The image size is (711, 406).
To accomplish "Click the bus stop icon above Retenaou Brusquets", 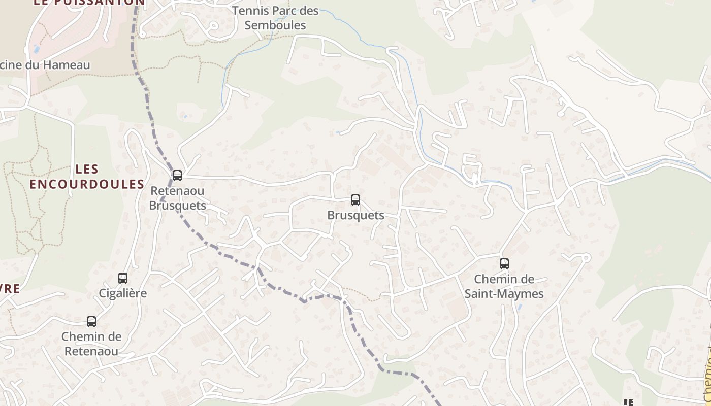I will point(177,176).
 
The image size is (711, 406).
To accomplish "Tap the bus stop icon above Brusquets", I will point(355,200).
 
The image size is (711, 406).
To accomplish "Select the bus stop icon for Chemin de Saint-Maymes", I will point(504,264).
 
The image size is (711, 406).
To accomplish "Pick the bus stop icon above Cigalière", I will point(123,278).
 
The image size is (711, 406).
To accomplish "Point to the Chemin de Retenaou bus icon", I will point(91,322).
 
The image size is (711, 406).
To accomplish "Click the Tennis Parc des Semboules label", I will point(275,18).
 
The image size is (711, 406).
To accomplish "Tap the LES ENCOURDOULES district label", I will point(87,177).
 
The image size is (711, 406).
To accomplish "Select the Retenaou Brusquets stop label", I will point(177,198).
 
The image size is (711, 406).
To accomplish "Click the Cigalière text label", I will point(123,293).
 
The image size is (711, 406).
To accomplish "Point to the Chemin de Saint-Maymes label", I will point(504,286).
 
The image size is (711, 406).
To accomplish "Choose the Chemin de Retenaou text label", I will point(91,344).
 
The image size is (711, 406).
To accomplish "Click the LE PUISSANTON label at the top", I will point(89,3).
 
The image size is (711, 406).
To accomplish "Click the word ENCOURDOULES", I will point(87,184).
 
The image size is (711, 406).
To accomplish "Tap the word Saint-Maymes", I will point(504,294).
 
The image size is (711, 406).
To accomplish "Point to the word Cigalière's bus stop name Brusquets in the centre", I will point(355,215).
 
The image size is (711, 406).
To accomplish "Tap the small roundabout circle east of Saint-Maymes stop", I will point(586,258).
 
